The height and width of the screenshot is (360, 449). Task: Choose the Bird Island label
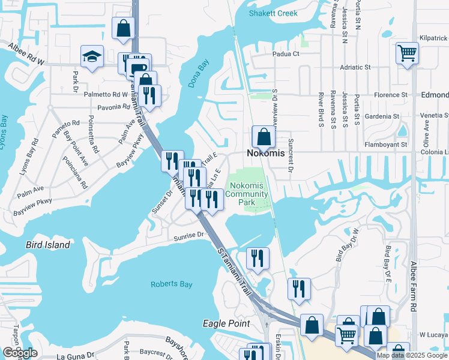47,245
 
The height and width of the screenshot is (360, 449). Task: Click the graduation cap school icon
92,56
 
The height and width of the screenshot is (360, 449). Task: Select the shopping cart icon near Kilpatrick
407,53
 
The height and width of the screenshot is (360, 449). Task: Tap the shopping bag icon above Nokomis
264,137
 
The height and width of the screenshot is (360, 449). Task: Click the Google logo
20,353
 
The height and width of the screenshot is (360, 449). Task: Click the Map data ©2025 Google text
412,355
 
